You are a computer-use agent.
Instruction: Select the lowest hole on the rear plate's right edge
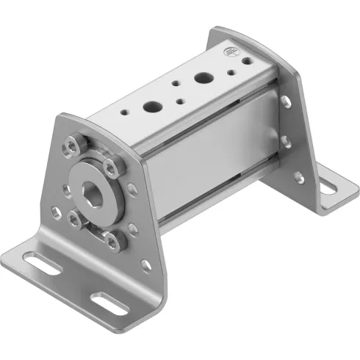[x=298, y=177]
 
